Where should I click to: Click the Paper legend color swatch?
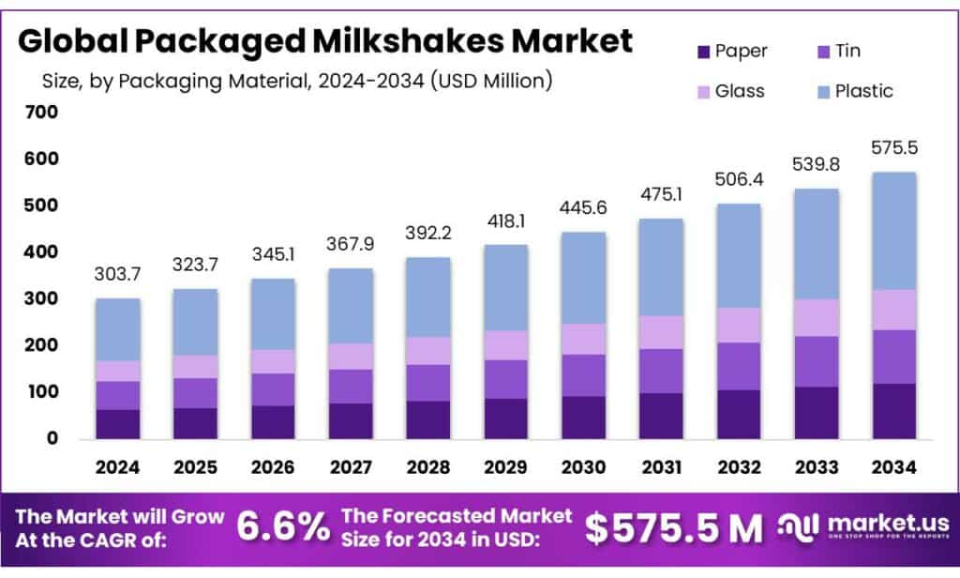coord(700,50)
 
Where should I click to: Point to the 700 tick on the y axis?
coord(42,113)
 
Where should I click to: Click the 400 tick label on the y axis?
coord(42,252)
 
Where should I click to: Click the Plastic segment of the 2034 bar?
coord(889,231)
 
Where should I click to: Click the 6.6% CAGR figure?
coord(281,528)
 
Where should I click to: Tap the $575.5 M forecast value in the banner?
coord(674,528)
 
